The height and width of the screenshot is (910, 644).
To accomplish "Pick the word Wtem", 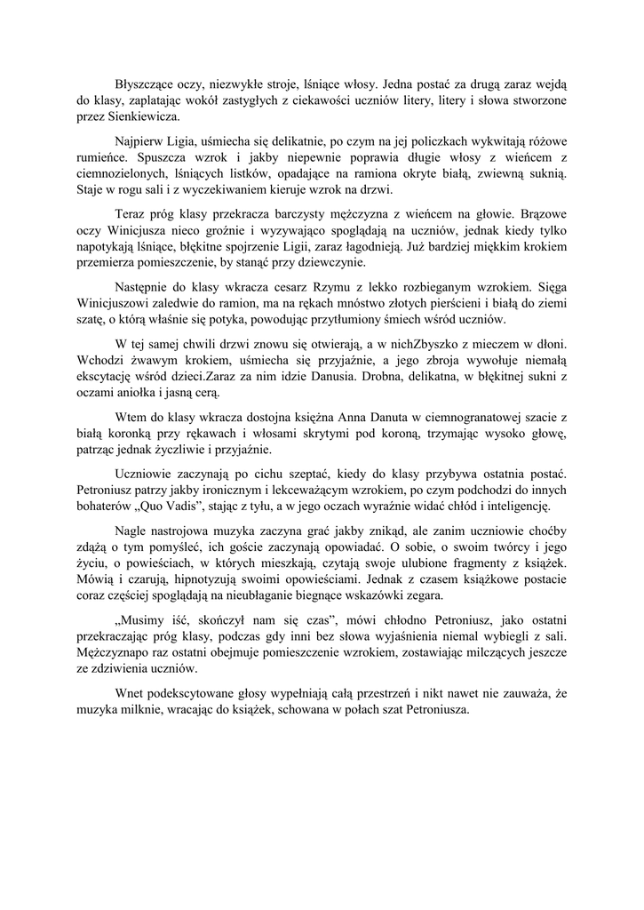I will point(130,419).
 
